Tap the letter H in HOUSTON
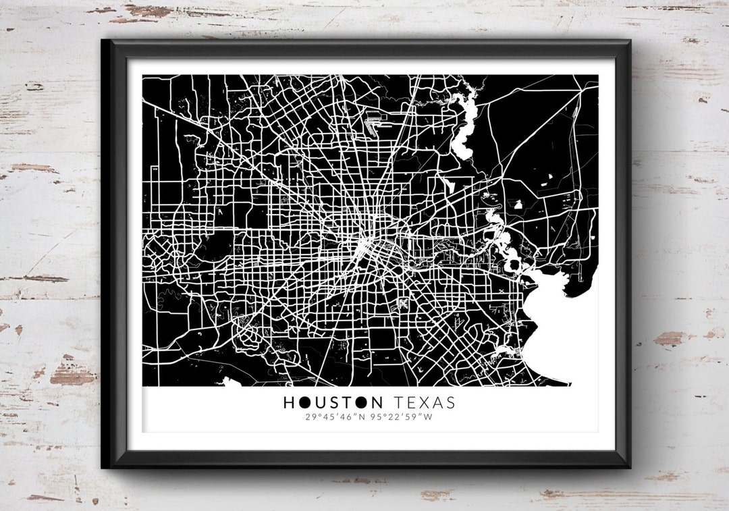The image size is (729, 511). [x=288, y=403]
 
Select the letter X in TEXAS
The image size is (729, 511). [x=424, y=403]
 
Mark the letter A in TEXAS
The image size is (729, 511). [x=437, y=403]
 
